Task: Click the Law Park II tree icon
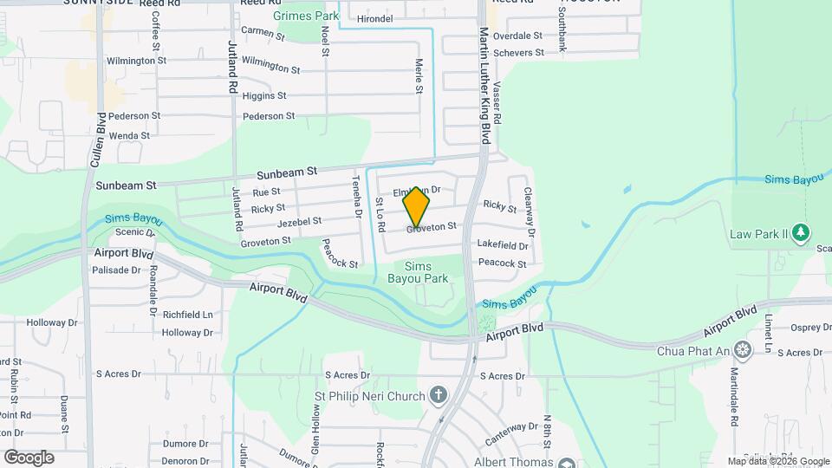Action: pyautogui.click(x=802, y=233)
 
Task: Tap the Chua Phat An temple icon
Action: pyautogui.click(x=742, y=349)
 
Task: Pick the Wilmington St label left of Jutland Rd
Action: pyautogui.click(x=136, y=61)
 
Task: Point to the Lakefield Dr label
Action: pyautogui.click(x=503, y=246)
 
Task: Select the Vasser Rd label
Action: pyautogui.click(x=497, y=107)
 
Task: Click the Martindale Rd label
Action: pyautogui.click(x=733, y=395)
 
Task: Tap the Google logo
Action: pyautogui.click(x=29, y=457)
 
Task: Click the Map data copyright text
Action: pyautogui.click(x=777, y=461)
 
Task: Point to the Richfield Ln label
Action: pyautogui.click(x=187, y=314)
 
